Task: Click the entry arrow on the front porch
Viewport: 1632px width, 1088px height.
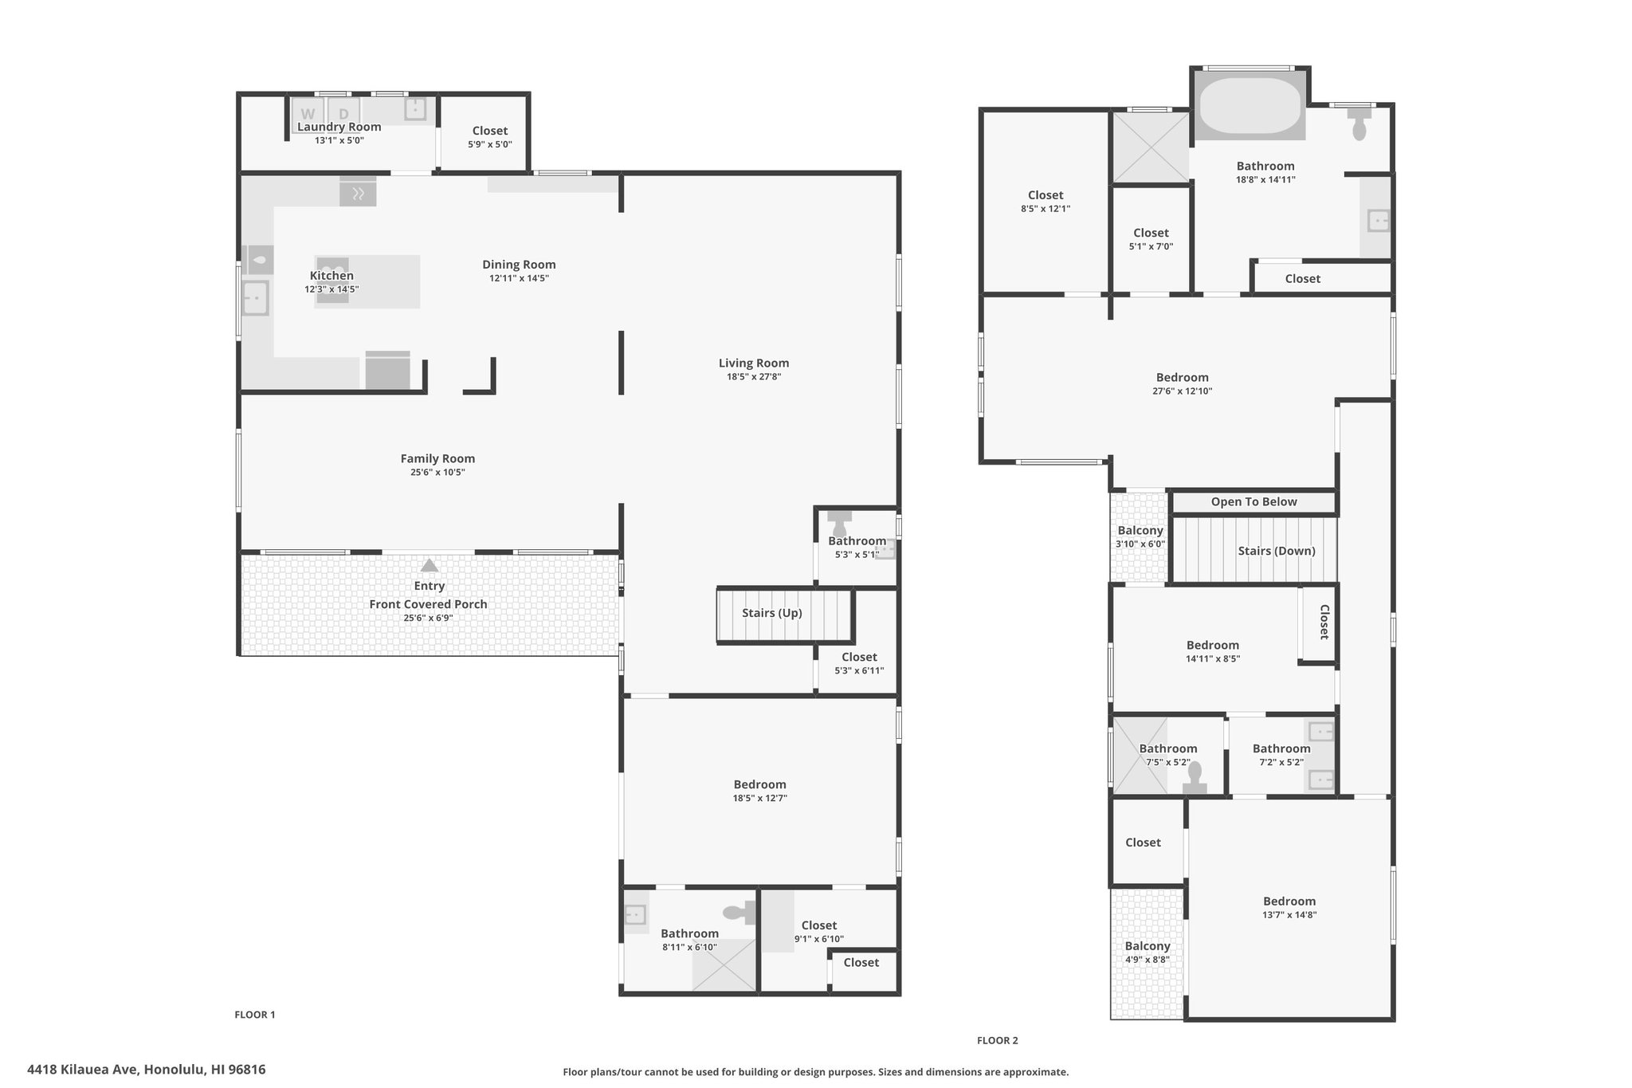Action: coord(430,565)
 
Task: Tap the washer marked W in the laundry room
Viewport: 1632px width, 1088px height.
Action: coord(308,112)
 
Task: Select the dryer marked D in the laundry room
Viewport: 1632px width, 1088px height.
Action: coord(343,112)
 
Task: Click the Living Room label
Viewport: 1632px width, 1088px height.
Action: coord(754,363)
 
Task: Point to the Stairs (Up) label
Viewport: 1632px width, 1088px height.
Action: coord(772,613)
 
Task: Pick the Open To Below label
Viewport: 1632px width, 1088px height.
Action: coord(1254,501)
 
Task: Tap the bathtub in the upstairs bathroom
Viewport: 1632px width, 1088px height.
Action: coord(1249,104)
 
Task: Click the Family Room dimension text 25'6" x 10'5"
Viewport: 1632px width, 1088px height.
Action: coord(437,472)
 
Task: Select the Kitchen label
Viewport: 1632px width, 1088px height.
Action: coord(331,276)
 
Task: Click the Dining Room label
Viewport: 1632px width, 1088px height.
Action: coord(519,265)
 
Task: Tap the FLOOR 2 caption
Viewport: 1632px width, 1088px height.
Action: coord(998,1040)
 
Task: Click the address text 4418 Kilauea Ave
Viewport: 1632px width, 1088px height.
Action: coord(83,1070)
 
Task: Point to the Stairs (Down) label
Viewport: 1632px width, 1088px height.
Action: coord(1277,551)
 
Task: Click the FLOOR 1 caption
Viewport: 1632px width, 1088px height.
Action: coord(255,1015)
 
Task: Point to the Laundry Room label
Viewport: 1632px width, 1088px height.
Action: coord(339,127)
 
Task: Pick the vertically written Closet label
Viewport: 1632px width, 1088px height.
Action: coord(1324,622)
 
